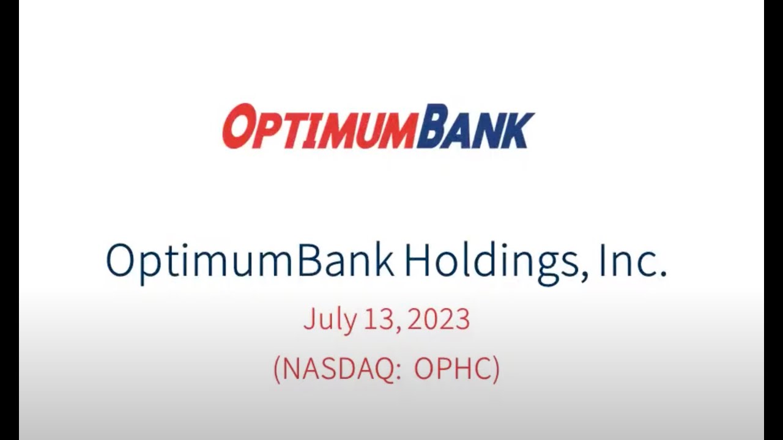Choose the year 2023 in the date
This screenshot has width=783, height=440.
tap(439, 319)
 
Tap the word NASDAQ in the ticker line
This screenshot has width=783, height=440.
tap(338, 369)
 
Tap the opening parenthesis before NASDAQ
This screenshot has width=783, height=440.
tap(277, 369)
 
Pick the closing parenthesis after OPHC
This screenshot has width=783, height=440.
tap(495, 369)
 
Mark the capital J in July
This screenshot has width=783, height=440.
tap(309, 319)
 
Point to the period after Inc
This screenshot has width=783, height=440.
tap(662, 274)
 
